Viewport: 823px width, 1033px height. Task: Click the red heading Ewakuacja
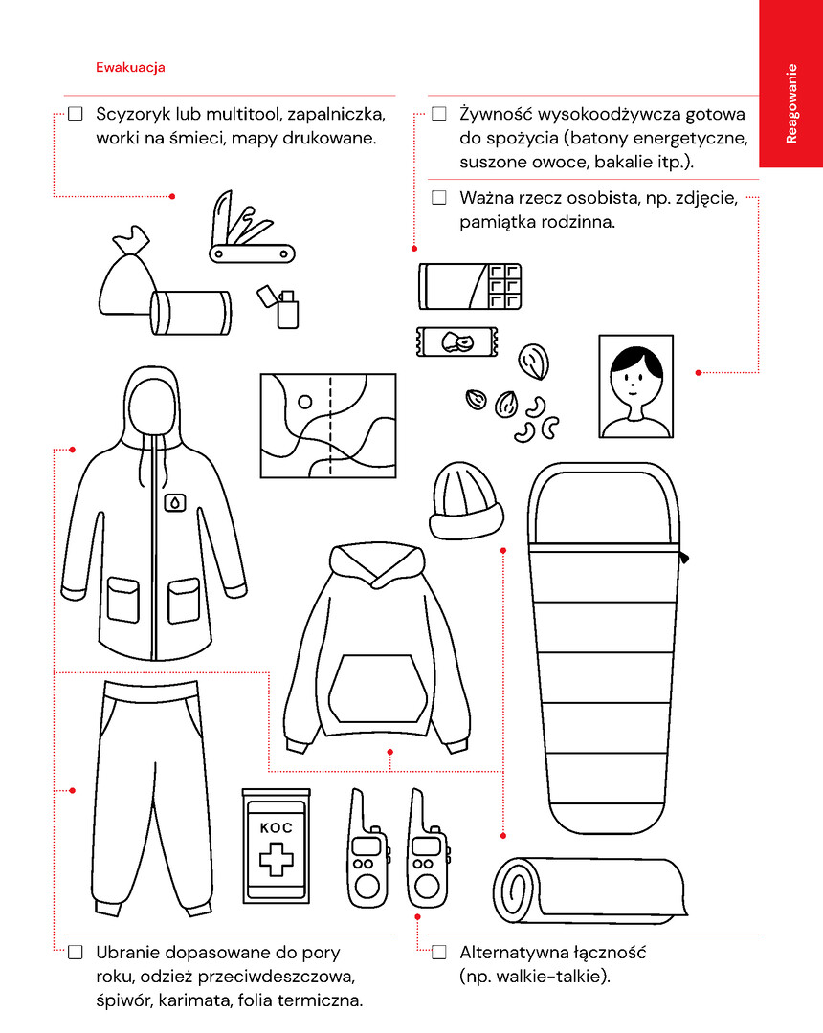coord(130,67)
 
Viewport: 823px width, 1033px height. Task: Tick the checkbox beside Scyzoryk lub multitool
coord(76,114)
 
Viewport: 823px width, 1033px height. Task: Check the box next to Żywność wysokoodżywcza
coord(439,114)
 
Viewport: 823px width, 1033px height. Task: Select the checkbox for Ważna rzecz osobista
coord(439,198)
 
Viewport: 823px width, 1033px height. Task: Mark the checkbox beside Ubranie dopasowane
coord(76,952)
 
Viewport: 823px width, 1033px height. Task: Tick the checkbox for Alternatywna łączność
coord(439,952)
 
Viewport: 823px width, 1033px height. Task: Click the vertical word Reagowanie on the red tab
coord(791,103)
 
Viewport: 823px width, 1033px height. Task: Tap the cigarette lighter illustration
coord(278,306)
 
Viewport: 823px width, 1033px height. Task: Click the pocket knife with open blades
coord(251,228)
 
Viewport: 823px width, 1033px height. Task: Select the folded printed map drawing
coord(328,426)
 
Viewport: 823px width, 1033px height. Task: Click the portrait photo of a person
coord(635,386)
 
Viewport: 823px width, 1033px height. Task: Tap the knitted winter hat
coord(466,500)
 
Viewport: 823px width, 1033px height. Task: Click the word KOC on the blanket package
coord(277,828)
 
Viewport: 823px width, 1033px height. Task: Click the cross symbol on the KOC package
coord(277,859)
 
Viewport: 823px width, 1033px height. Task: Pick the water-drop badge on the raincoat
coord(174,503)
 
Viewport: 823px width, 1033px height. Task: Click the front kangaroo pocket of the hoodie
coord(378,689)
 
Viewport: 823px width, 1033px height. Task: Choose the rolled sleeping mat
coord(590,890)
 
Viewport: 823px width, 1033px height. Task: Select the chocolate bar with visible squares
coord(470,286)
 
